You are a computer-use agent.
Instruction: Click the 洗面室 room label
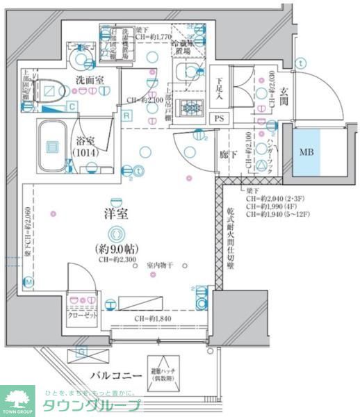pos(90,81)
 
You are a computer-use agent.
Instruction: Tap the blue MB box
pos(306,152)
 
